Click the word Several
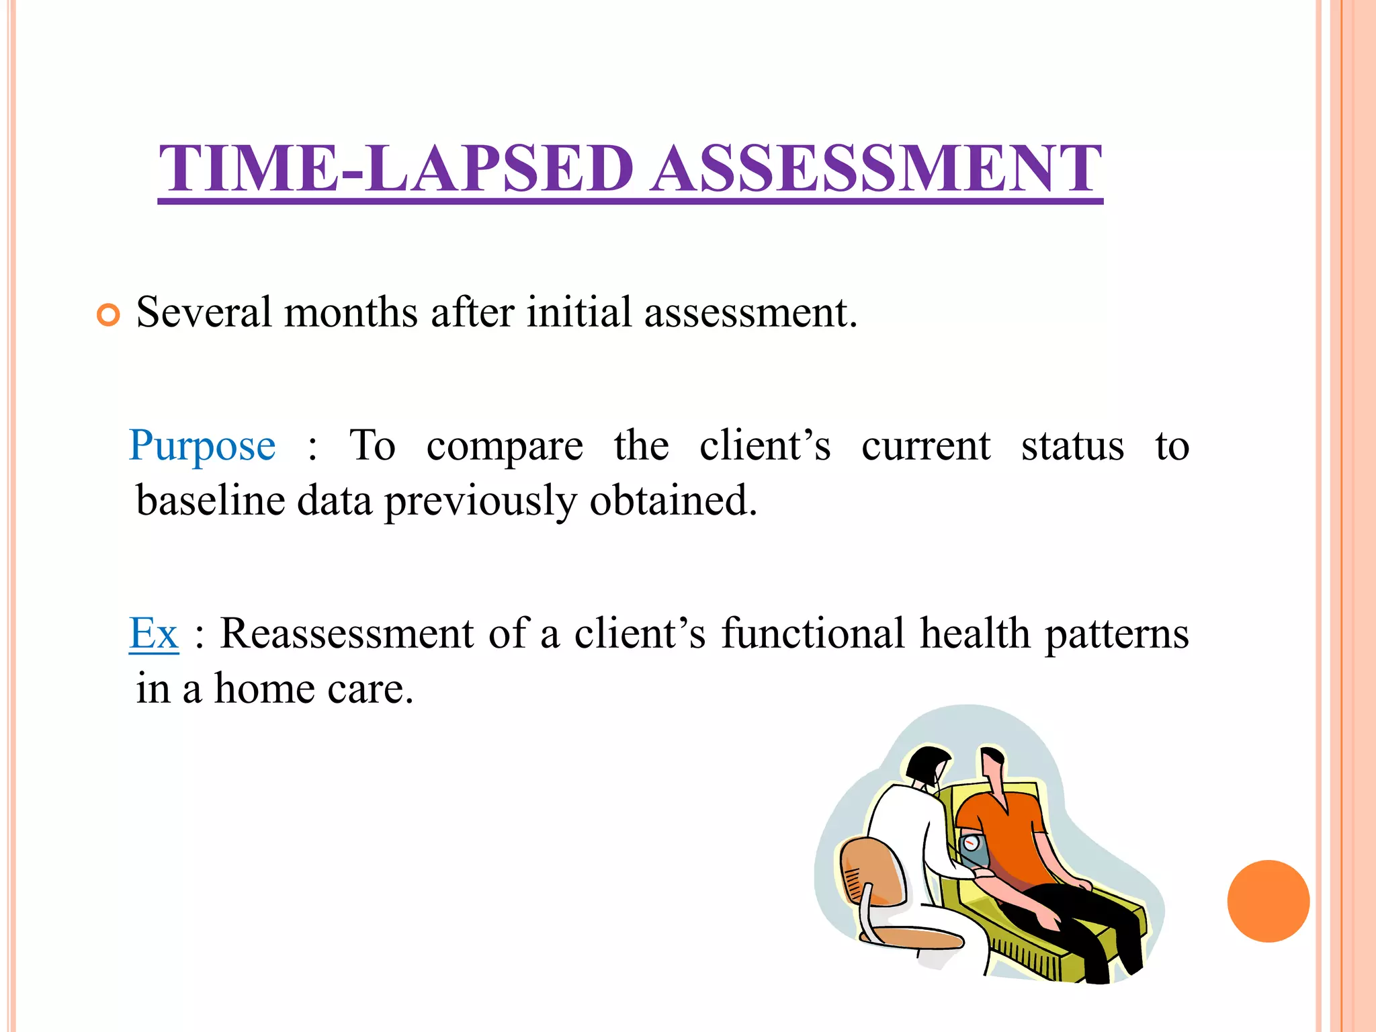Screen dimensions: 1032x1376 tap(204, 312)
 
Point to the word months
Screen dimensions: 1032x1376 tap(350, 312)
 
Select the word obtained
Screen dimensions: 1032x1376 tap(673, 501)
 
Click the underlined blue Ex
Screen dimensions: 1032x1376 tap(154, 634)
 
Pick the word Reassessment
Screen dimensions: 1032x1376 tap(347, 634)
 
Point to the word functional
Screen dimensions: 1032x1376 tap(813, 634)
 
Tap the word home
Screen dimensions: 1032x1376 tap(264, 689)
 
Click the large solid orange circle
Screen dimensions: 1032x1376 tap(1268, 901)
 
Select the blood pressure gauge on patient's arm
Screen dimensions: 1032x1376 tap(972, 848)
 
